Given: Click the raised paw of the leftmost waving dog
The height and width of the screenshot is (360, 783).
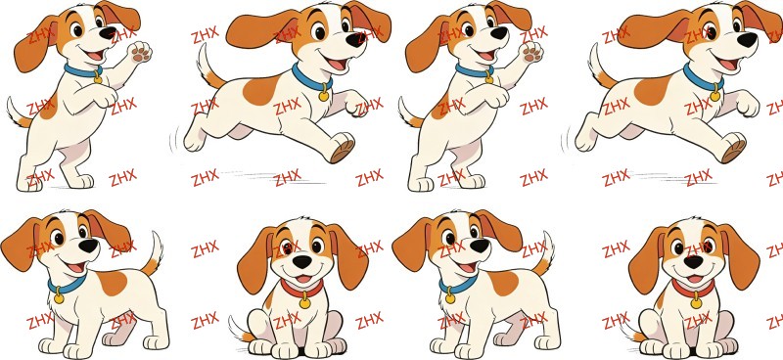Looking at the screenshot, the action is [139, 52].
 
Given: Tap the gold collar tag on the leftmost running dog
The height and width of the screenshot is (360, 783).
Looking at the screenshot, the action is [324, 94].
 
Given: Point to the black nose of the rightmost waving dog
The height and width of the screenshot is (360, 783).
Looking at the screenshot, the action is [499, 33].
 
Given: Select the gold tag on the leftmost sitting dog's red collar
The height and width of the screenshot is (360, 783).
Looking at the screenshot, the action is [304, 302].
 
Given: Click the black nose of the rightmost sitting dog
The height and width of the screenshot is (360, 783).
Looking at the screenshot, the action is [693, 262].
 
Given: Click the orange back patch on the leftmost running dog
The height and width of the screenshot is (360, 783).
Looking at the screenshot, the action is [261, 90].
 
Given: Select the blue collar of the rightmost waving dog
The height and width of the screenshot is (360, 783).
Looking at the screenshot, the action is [473, 71].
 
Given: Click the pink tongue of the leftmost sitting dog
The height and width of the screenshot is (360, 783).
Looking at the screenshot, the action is [302, 279].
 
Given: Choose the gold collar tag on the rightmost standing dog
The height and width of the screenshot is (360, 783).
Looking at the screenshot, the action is [450, 298].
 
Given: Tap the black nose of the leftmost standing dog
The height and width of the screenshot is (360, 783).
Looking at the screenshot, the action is [89, 246].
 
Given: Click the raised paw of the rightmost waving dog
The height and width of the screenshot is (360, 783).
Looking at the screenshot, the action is [530, 52].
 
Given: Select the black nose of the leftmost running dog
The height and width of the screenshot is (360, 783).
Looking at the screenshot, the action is [357, 40].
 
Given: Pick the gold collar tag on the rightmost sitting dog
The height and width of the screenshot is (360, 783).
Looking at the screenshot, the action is [696, 302].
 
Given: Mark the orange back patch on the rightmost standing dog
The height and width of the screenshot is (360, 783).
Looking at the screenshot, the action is [503, 283].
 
